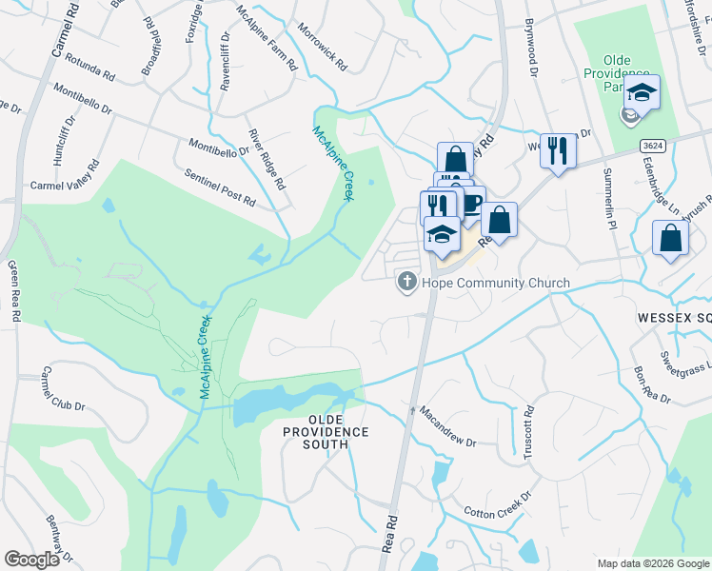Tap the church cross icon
406,282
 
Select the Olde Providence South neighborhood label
325,425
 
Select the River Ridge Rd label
267,158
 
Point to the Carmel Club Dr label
64,389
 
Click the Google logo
31,560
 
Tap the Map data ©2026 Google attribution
652,563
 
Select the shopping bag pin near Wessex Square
670,240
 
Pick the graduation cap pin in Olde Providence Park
642,93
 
